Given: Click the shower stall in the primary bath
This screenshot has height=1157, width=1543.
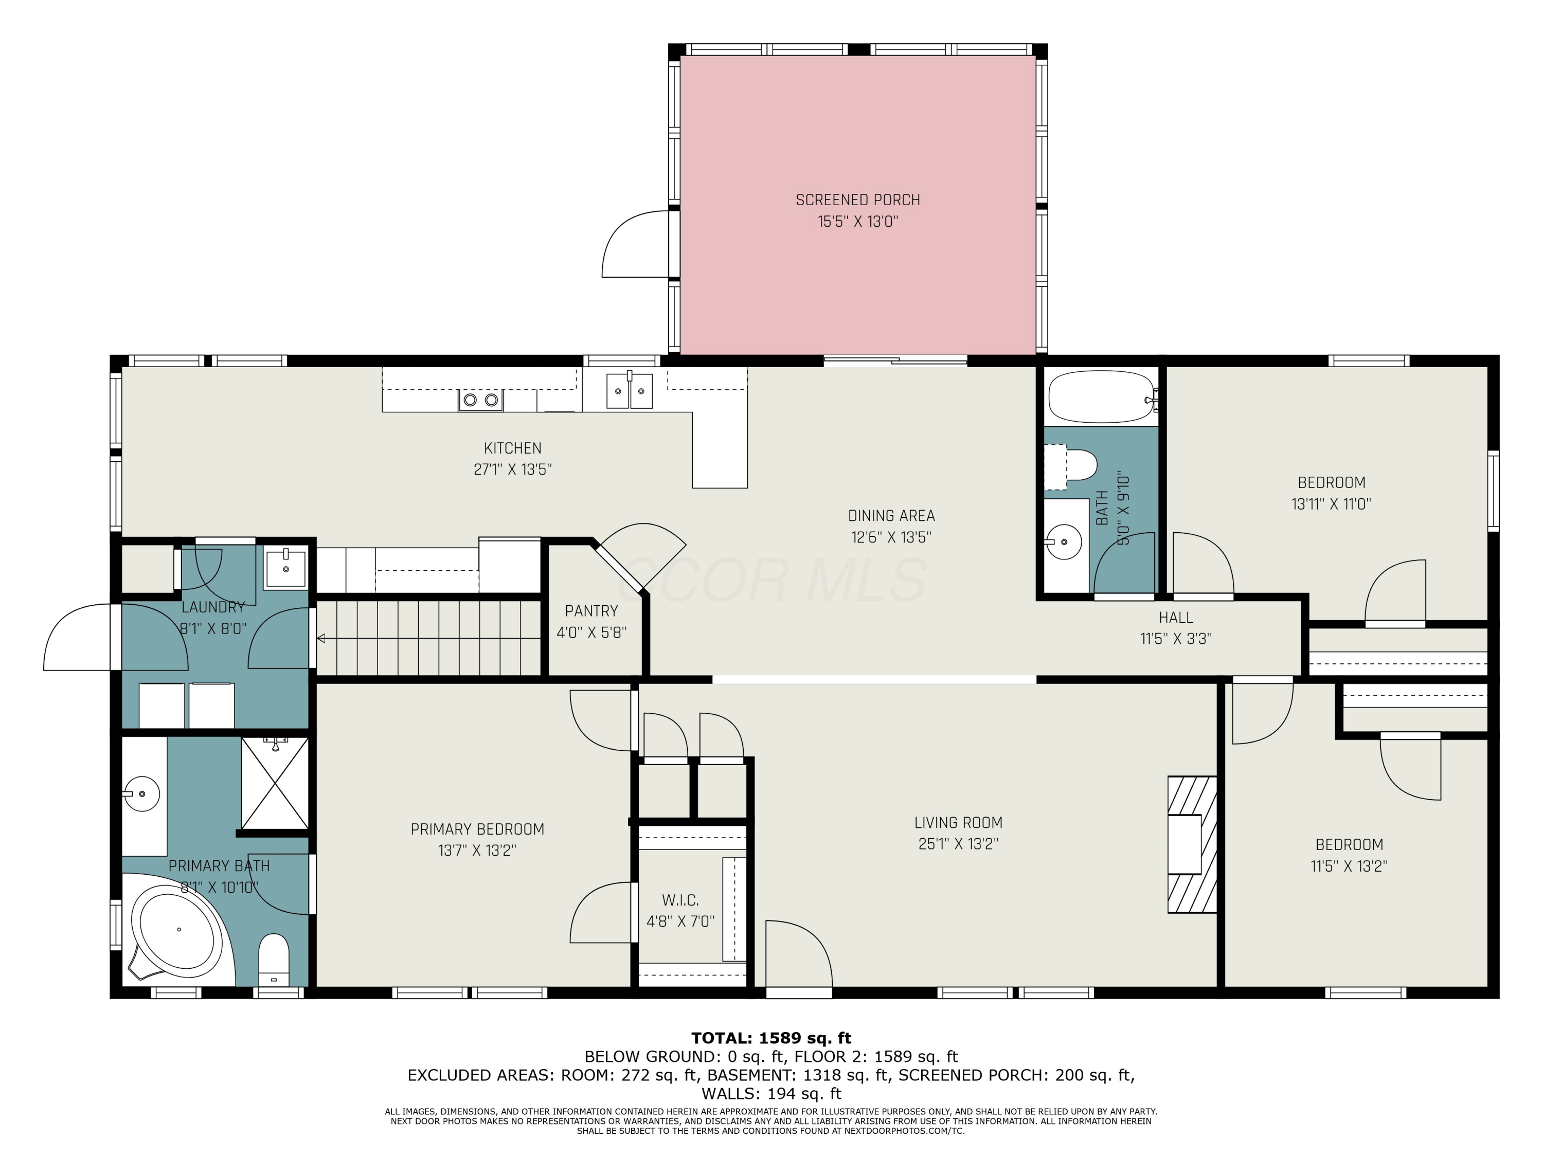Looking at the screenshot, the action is click(x=275, y=783).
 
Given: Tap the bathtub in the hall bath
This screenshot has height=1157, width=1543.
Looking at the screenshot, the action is click(x=1102, y=396).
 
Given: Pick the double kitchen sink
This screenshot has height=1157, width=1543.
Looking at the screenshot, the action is click(x=629, y=390).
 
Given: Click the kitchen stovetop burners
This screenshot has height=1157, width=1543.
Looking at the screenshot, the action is click(x=480, y=400).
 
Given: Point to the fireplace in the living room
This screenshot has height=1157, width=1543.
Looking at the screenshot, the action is click(x=1192, y=844).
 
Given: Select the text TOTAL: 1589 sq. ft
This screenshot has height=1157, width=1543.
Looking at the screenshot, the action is click(x=771, y=1038).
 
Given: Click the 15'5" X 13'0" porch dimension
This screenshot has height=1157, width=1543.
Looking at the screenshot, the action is click(x=857, y=222).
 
